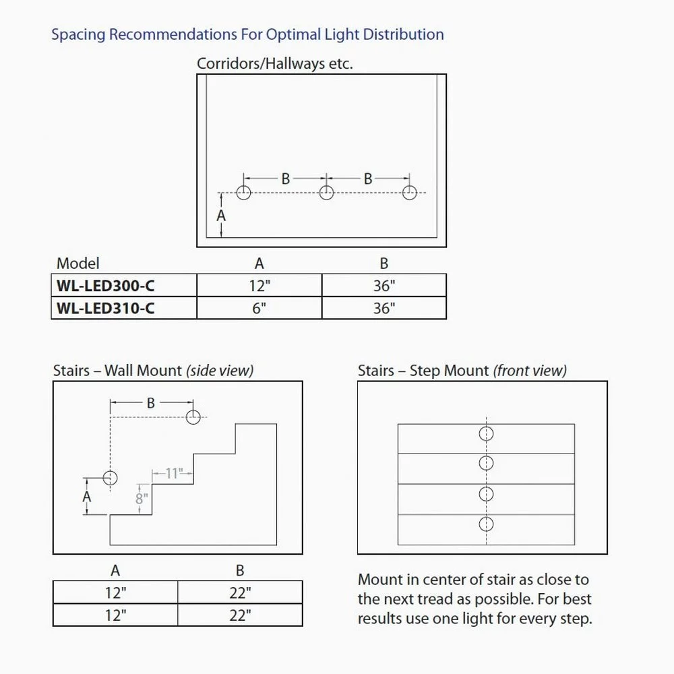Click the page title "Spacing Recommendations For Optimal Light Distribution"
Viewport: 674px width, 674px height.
pyautogui.click(x=247, y=34)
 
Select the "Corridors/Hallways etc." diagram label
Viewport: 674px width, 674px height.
pyautogui.click(x=275, y=63)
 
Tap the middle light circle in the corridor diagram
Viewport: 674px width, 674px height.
pyautogui.click(x=326, y=193)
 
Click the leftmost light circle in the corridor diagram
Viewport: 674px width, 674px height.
pyautogui.click(x=244, y=193)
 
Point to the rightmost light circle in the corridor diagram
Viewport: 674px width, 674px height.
pyautogui.click(x=408, y=193)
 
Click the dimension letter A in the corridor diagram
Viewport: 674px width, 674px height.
pyautogui.click(x=221, y=216)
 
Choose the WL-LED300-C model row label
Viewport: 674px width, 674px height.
pyautogui.click(x=106, y=285)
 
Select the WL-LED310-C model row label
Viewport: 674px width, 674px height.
pyautogui.click(x=106, y=308)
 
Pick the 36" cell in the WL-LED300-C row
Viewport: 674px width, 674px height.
pyautogui.click(x=384, y=285)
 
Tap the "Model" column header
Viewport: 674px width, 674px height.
pyautogui.click(x=78, y=263)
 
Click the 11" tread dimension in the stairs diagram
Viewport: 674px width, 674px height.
pyautogui.click(x=173, y=473)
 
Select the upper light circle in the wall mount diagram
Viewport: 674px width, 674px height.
pyautogui.click(x=193, y=417)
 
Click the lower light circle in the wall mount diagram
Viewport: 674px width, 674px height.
pyautogui.click(x=110, y=477)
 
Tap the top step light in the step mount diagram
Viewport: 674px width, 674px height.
pyautogui.click(x=486, y=433)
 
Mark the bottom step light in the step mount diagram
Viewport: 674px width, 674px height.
pyautogui.click(x=486, y=524)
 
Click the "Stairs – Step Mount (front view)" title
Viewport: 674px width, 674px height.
pyautogui.click(x=462, y=370)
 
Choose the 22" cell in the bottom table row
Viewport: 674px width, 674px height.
pyautogui.click(x=240, y=614)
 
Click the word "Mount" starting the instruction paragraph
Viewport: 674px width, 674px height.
pyautogui.click(x=379, y=580)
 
